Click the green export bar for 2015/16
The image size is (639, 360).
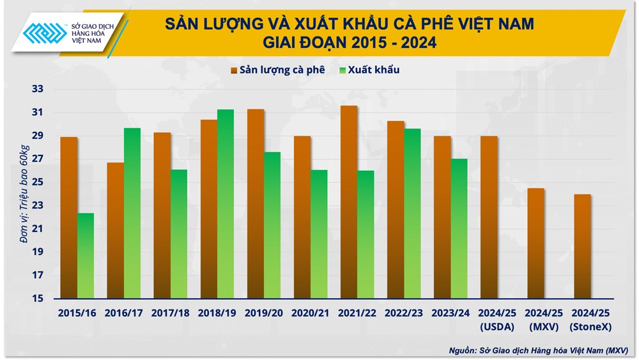(x=86, y=256)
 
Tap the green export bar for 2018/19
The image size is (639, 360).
(x=226, y=204)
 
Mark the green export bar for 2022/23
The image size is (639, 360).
(x=412, y=214)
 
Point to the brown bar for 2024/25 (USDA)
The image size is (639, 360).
(x=489, y=217)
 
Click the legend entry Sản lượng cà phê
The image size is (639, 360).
(x=277, y=70)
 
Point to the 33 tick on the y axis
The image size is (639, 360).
(x=38, y=90)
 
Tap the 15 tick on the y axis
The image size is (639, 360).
(x=38, y=299)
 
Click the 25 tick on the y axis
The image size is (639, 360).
(x=38, y=182)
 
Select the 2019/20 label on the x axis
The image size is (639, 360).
(x=263, y=313)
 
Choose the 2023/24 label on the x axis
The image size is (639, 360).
(x=450, y=313)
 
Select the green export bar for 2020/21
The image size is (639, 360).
(x=319, y=234)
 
